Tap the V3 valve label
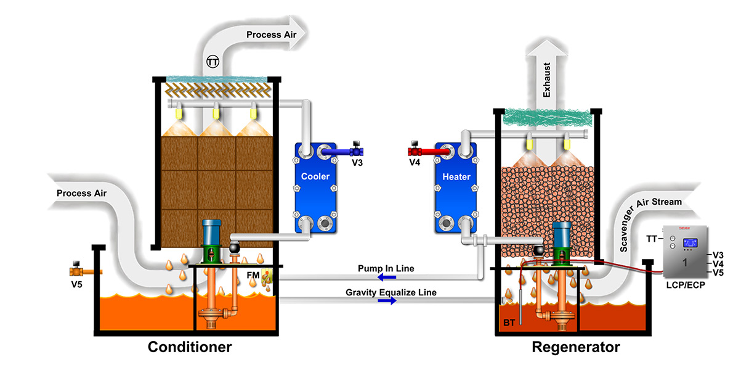pyautogui.click(x=356, y=163)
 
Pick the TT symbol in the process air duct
pyautogui.click(x=213, y=62)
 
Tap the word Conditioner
pyautogui.click(x=190, y=347)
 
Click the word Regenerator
pyautogui.click(x=576, y=347)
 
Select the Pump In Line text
pyautogui.click(x=386, y=269)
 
